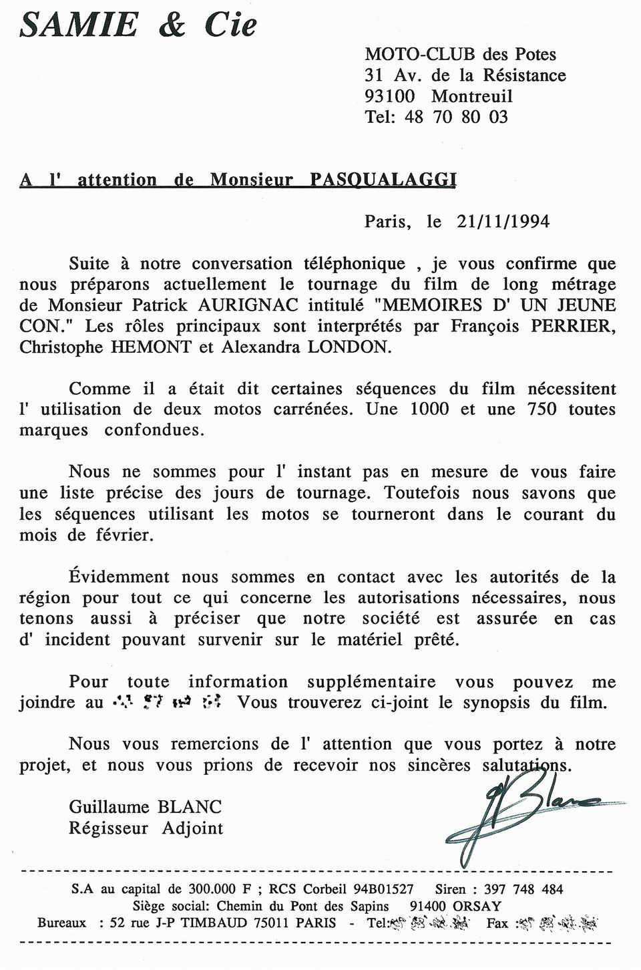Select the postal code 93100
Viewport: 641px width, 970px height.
(x=389, y=96)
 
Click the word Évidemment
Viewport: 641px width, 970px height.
(x=119, y=577)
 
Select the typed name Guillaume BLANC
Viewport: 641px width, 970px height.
(x=145, y=807)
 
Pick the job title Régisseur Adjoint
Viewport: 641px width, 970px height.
(x=146, y=828)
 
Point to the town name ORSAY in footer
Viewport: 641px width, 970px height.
(x=477, y=907)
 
